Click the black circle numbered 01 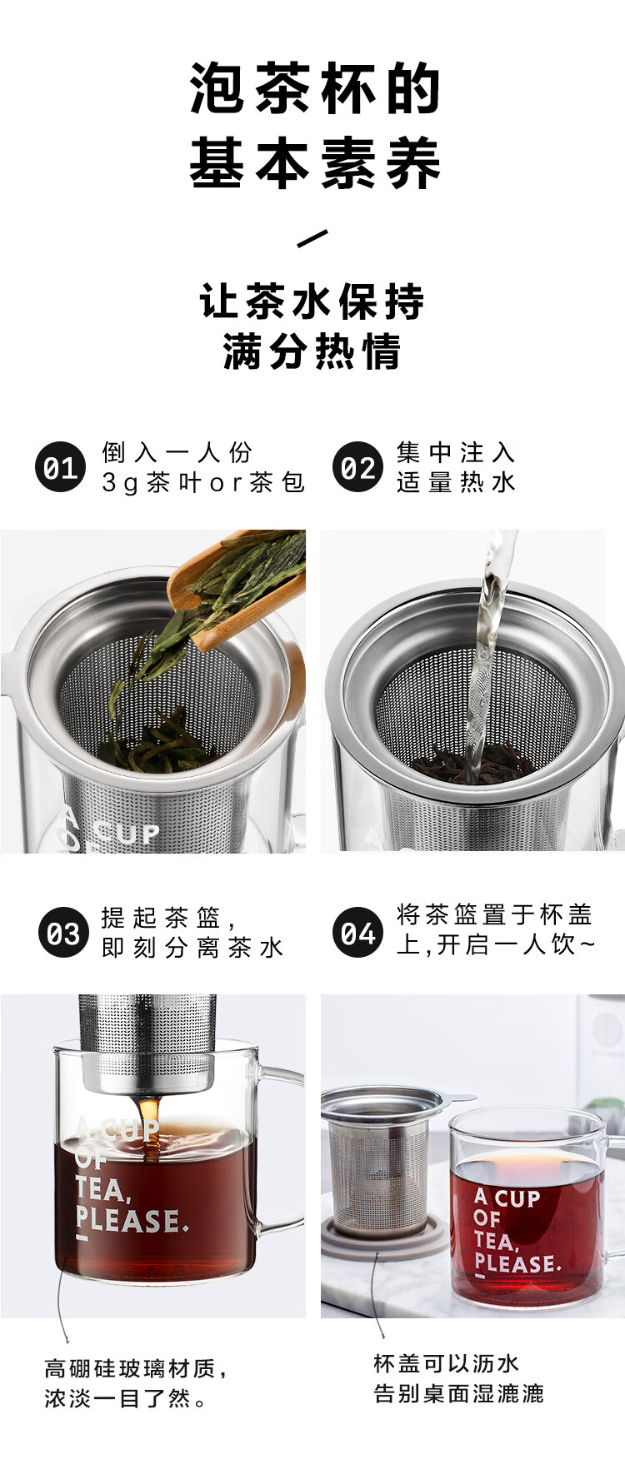(60, 467)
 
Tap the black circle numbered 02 (357, 467)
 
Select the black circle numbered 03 (62, 933)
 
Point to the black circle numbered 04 (357, 933)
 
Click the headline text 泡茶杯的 (315, 88)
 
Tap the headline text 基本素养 (315, 162)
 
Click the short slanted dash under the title (312, 239)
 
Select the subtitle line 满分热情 (312, 351)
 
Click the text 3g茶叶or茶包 (203, 482)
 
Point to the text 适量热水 (456, 482)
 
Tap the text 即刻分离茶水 (192, 948)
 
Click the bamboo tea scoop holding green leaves (238, 585)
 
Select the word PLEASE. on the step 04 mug (517, 1263)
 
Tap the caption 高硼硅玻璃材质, (137, 1368)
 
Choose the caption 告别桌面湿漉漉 (459, 1393)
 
